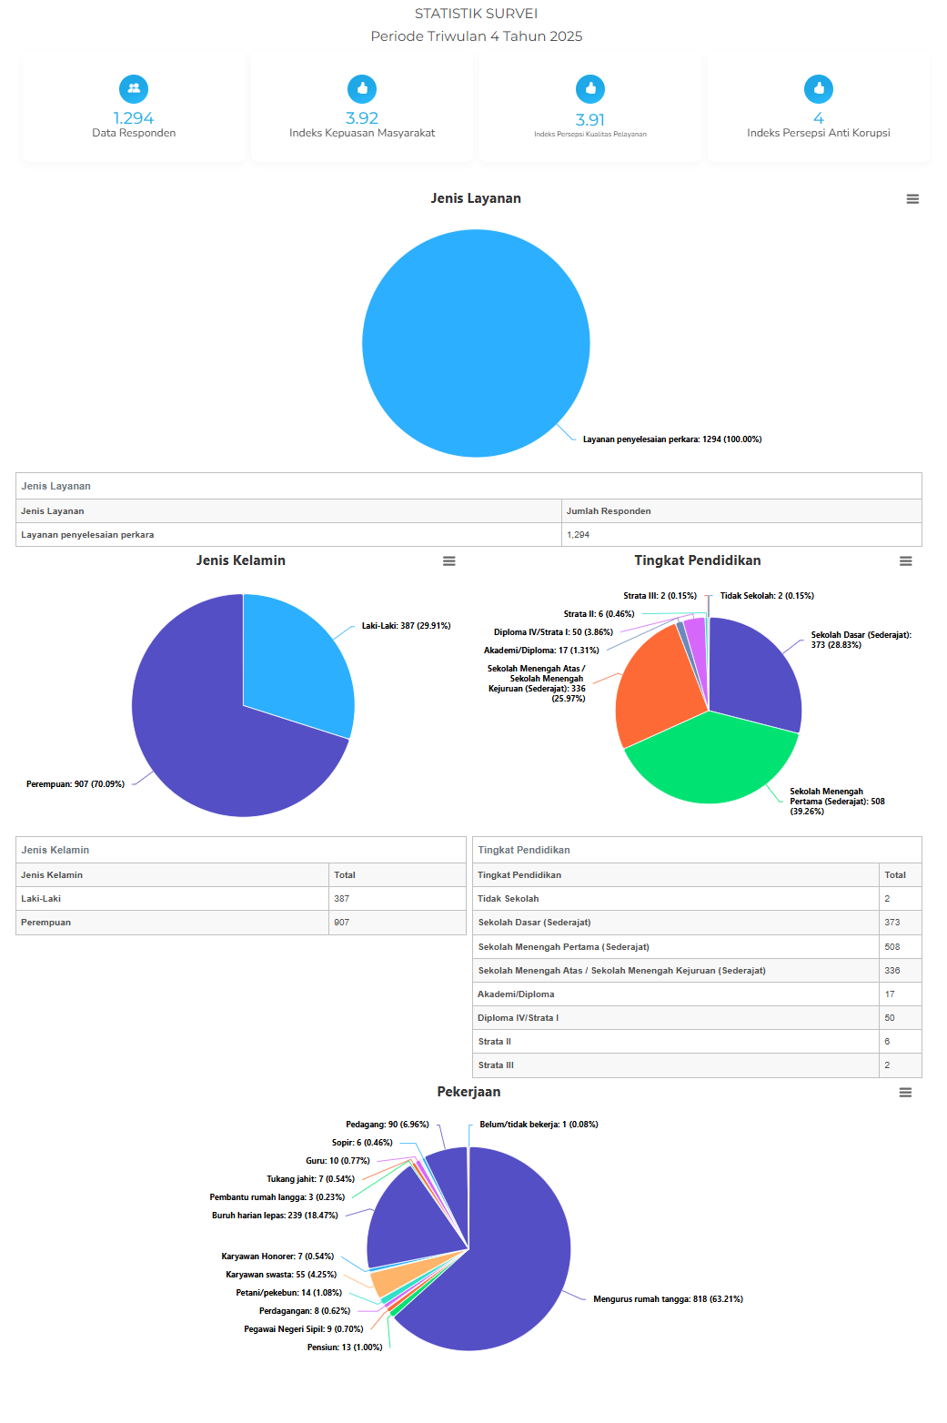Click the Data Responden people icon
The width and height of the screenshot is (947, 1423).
134,88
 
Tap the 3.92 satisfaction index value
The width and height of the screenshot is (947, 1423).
362,118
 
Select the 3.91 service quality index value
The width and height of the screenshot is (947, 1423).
589,120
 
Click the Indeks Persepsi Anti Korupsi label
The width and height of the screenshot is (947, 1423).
818,133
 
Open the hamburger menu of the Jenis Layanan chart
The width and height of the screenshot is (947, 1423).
912,199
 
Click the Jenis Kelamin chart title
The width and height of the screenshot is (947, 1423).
241,560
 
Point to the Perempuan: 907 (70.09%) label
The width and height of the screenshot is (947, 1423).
76,784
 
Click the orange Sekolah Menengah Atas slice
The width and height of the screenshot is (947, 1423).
650,691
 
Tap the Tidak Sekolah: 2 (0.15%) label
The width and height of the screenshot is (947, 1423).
767,596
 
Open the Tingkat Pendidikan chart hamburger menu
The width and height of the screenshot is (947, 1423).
905,561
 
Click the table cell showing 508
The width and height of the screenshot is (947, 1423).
892,947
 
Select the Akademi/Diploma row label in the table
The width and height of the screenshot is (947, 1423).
516,994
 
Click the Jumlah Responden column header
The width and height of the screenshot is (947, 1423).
609,511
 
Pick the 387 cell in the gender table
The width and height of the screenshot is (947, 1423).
342,899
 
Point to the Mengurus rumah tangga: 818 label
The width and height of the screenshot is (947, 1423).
668,1299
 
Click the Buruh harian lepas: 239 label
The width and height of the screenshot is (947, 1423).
275,1216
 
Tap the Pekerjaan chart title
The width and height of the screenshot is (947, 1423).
468,1092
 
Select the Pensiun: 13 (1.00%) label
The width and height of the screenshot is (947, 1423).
345,1347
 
